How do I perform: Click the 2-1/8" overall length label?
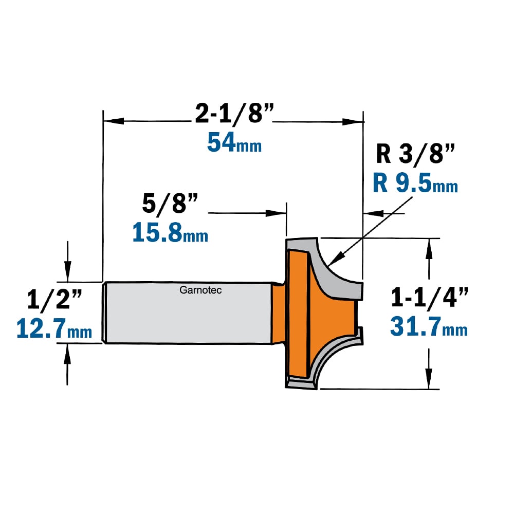(x=234, y=113)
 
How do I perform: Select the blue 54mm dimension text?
(x=234, y=143)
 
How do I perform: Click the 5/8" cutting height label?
(x=170, y=204)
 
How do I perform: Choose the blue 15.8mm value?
(x=170, y=232)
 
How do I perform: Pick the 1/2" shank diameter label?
(x=54, y=299)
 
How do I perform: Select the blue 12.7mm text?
(x=54, y=329)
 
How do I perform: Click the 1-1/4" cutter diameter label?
(x=429, y=297)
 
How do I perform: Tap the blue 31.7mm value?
(x=429, y=327)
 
